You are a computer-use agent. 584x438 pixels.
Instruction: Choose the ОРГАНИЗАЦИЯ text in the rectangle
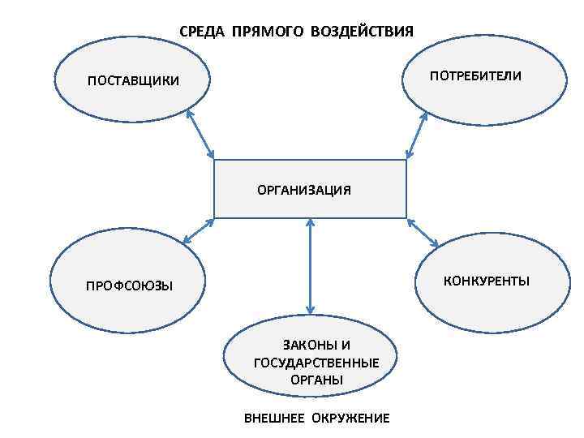tap(304, 190)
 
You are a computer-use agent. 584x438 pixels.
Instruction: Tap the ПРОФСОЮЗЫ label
tap(130, 286)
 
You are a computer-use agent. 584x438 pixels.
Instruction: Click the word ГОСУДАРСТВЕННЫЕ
tap(316, 363)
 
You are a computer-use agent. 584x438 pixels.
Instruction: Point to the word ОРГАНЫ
tap(316, 380)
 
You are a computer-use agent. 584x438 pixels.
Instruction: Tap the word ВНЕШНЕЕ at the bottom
tap(273, 419)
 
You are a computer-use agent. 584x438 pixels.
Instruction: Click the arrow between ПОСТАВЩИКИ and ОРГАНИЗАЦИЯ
tap(200, 135)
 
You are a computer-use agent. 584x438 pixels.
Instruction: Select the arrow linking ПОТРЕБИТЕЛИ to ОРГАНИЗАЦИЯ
tap(416, 135)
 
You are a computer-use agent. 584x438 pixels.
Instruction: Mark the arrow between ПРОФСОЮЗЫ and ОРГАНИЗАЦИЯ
tap(198, 231)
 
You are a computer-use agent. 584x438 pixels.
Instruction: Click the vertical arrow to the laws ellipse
tap(310, 266)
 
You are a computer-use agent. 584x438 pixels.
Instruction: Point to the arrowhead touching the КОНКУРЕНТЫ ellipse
tap(435, 244)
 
